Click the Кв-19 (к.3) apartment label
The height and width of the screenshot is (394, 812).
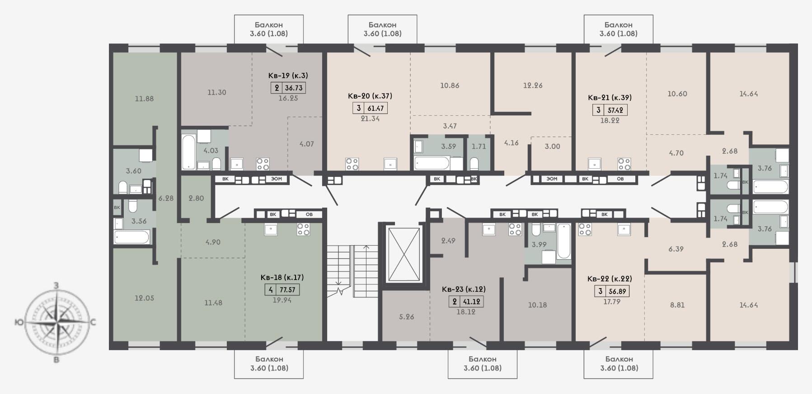pos(288,76)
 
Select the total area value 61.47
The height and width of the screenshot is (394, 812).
pos(375,108)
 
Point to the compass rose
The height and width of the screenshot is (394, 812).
pos(56,322)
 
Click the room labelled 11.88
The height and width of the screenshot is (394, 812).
pos(144,99)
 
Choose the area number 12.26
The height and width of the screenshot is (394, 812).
pos(533,85)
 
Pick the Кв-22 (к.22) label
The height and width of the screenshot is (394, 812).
pos(610,279)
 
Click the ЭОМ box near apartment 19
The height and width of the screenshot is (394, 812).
pos(277,179)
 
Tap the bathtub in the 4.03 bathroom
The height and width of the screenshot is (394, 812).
pos(189,151)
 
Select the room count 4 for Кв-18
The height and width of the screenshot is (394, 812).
pos(270,290)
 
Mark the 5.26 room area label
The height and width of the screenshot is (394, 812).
pos(407,317)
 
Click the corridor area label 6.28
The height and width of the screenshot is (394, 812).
pos(166,198)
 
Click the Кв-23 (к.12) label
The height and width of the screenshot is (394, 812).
pos(464,289)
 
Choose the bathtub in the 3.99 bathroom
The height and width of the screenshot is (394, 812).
pos(564,241)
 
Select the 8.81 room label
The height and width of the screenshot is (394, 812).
pos(677,305)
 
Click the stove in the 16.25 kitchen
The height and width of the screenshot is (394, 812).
pos(263,164)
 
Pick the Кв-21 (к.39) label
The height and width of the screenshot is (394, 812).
pos(610,97)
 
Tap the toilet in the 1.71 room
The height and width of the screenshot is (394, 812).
pos(474,163)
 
